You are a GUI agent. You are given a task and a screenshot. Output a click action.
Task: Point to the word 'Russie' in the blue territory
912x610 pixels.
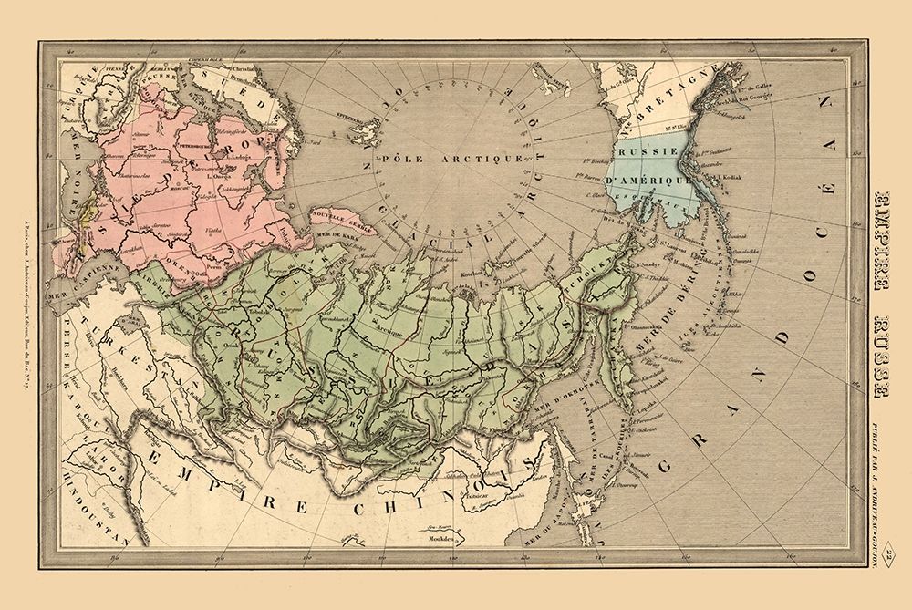click(647, 155)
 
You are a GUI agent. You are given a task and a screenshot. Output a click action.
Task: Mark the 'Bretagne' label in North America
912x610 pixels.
click(670, 102)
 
